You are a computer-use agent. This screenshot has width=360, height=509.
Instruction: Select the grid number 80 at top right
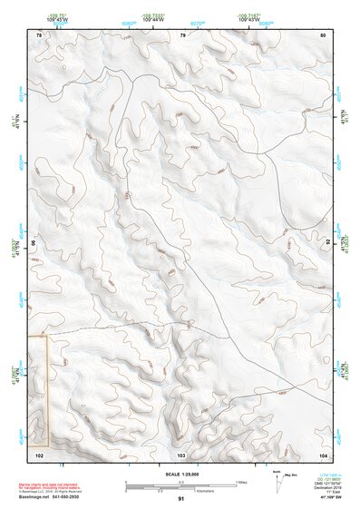[x=323, y=34]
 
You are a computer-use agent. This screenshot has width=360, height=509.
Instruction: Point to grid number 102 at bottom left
[x=39, y=453]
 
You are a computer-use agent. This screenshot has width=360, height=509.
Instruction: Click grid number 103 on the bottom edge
[x=181, y=453]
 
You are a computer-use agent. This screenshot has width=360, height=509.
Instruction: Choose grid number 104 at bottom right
[x=322, y=453]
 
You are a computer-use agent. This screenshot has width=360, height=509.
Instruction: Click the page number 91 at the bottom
[x=181, y=499]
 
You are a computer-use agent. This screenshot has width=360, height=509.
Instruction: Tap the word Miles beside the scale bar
[x=241, y=482]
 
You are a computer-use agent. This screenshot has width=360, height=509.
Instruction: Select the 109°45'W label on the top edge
[x=57, y=20]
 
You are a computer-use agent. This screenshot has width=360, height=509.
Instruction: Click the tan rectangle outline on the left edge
[x=38, y=390]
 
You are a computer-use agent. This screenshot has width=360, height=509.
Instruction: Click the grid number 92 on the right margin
[x=329, y=243]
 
